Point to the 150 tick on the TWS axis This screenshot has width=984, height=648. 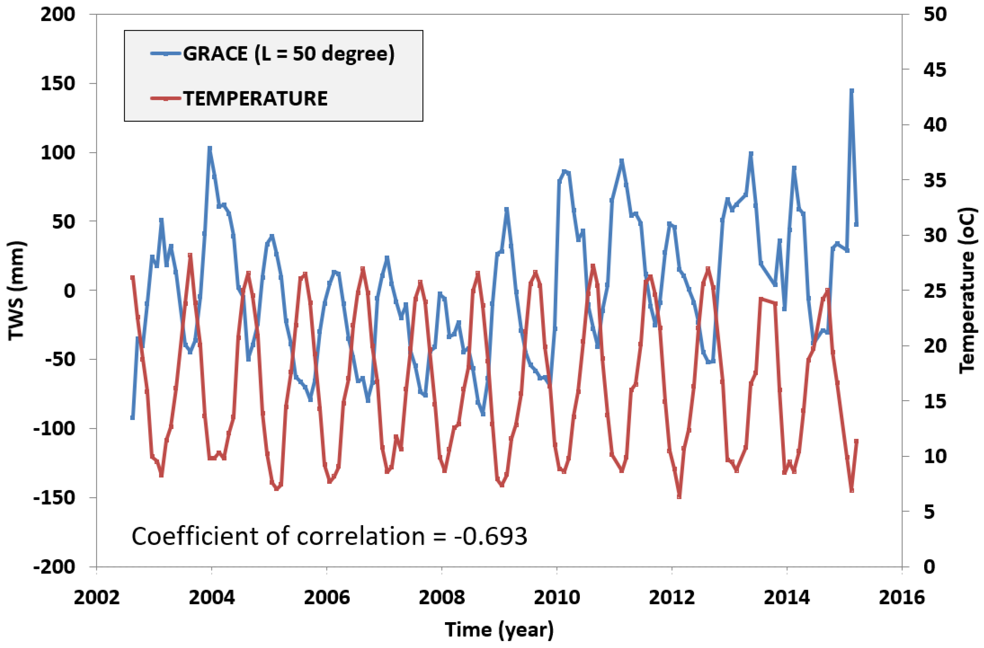tap(58, 84)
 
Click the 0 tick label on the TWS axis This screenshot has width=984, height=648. tap(70, 291)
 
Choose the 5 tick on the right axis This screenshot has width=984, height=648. tap(929, 512)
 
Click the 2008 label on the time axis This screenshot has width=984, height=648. tap(442, 598)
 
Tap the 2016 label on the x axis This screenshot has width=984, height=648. tap(901, 598)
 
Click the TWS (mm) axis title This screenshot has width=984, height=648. tap(16, 291)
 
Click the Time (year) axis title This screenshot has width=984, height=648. tap(499, 630)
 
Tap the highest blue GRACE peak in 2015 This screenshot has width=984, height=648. tap(852, 90)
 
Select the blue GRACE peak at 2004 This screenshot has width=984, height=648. tap(209, 148)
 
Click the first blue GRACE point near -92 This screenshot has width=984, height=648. tap(132, 418)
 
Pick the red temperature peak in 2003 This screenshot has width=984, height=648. tap(190, 255)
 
